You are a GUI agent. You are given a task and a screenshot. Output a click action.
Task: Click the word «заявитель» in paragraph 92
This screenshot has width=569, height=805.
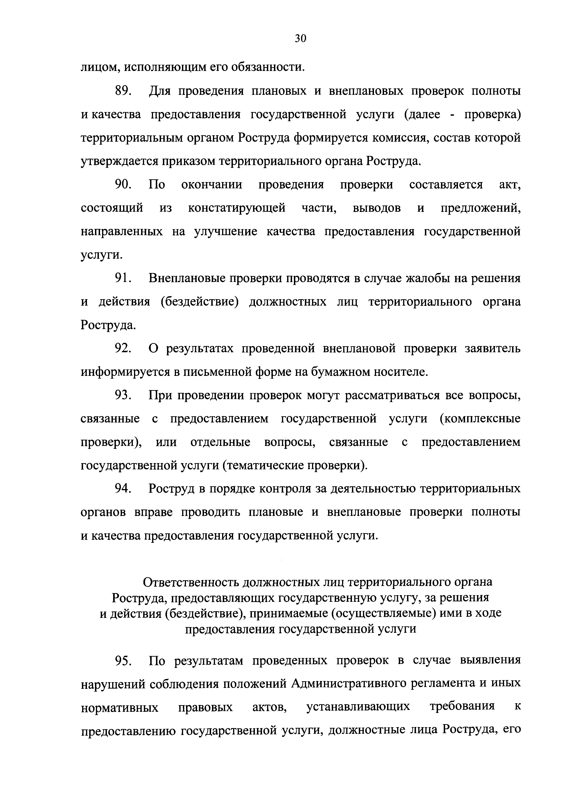click(x=493, y=349)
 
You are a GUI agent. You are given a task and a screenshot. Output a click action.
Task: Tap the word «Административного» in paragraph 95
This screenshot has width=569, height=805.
click(x=356, y=684)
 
